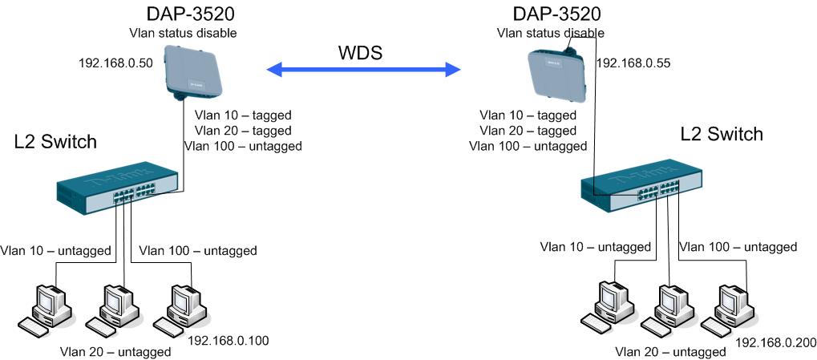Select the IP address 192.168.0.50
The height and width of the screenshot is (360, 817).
tap(115, 63)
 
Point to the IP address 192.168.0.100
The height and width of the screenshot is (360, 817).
tap(228, 341)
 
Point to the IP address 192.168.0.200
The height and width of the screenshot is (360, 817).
tap(775, 343)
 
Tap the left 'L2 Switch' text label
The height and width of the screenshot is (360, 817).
tap(55, 143)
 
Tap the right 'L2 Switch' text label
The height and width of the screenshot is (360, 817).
tap(722, 135)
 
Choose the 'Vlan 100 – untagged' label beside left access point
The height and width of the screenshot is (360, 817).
tap(243, 146)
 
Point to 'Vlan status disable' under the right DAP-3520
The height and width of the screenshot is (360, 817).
tap(550, 34)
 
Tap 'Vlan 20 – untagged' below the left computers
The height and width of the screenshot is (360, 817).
tap(116, 352)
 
